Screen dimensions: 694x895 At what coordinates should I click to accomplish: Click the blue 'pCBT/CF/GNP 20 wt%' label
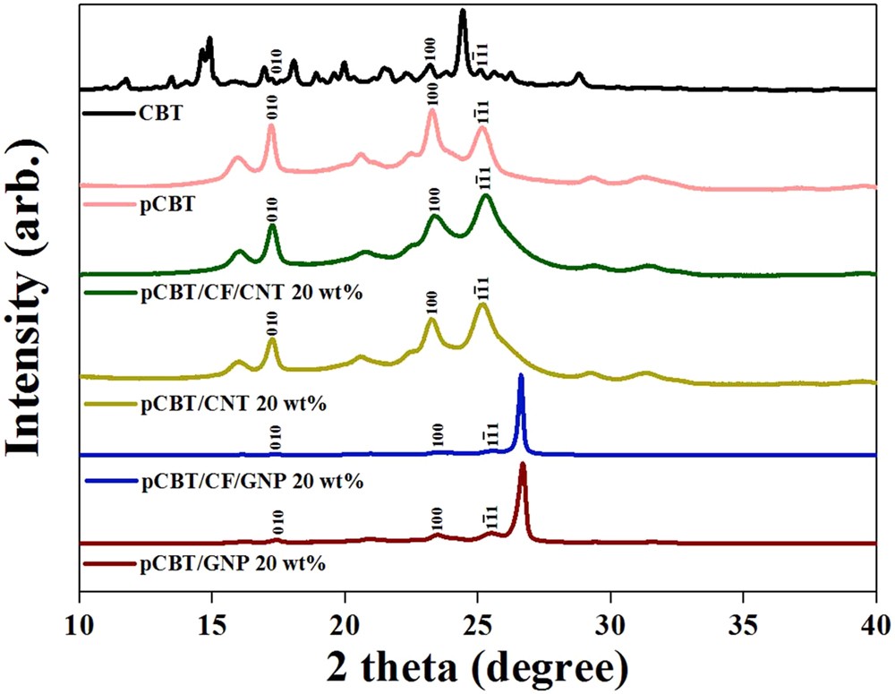coord(251,482)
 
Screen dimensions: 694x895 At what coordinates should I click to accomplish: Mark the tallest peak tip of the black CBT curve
coord(463,12)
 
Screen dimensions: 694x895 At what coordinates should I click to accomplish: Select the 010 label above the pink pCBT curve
coord(272,109)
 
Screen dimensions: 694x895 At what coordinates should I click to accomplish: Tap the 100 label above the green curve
coord(433,197)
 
